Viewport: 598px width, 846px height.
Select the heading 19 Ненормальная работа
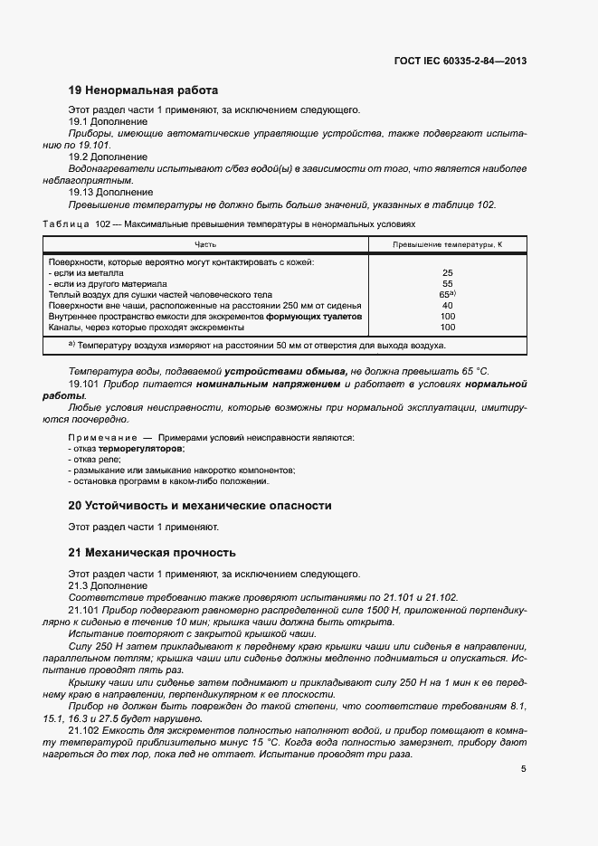click(143, 90)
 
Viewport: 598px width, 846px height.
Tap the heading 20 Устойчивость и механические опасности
click(200, 506)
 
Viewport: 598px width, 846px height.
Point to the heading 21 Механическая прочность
click(152, 552)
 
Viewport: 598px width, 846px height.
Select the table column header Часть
click(205, 245)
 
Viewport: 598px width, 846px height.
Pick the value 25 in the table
click(447, 272)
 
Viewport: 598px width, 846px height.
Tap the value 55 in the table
click(447, 283)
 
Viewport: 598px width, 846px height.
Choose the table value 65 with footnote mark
click(447, 294)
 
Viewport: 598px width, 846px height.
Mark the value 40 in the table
click(447, 305)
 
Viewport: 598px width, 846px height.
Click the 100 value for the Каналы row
click(447, 327)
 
